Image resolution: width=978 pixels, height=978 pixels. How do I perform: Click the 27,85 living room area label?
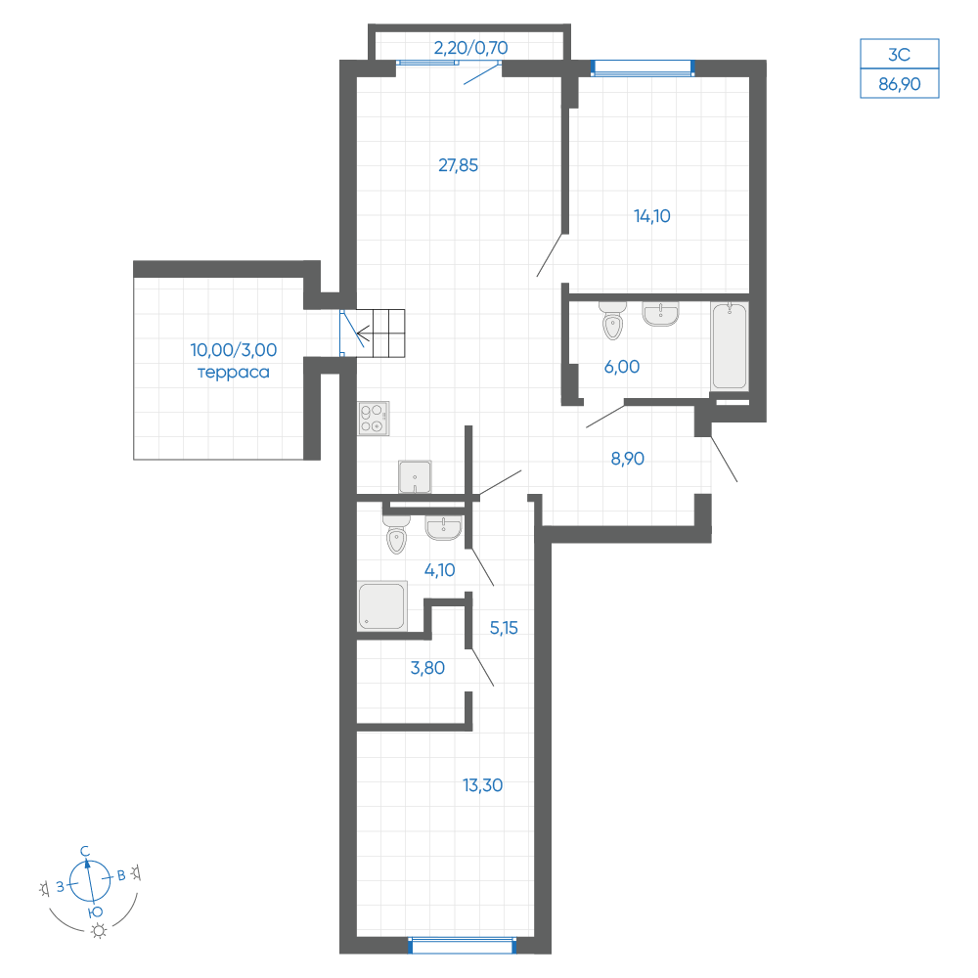pos(459,165)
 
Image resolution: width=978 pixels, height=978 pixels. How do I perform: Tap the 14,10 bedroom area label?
pos(651,216)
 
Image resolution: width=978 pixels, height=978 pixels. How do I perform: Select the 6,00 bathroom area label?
pos(622,367)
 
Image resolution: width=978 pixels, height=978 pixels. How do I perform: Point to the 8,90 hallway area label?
pos(628,459)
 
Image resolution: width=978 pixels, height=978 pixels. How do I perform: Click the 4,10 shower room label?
pos(440,570)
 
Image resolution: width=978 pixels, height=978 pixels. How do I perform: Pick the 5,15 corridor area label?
pos(504,628)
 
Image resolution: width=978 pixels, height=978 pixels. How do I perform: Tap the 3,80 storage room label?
pos(428,668)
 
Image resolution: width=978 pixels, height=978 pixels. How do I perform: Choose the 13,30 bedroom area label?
pos(483,785)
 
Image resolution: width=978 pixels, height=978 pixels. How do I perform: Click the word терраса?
pos(234,373)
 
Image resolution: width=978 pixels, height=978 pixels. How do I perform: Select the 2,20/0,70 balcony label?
pos(471,48)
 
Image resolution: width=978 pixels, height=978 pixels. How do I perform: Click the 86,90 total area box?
pos(900,83)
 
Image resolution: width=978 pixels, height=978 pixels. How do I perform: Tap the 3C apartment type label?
pos(900,54)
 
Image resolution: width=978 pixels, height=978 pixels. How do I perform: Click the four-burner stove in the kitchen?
pos(374,418)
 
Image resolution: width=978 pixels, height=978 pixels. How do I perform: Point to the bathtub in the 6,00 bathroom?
pos(730,347)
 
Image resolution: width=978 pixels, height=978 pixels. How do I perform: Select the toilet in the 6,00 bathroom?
pos(612,321)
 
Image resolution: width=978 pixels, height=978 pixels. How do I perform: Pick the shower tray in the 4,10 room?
pos(382,605)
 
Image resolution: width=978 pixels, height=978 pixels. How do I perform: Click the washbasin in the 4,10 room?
pos(443,528)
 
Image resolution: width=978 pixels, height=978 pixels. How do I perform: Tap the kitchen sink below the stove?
pos(415,477)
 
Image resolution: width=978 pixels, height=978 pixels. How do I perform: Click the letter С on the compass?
pos(85,852)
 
